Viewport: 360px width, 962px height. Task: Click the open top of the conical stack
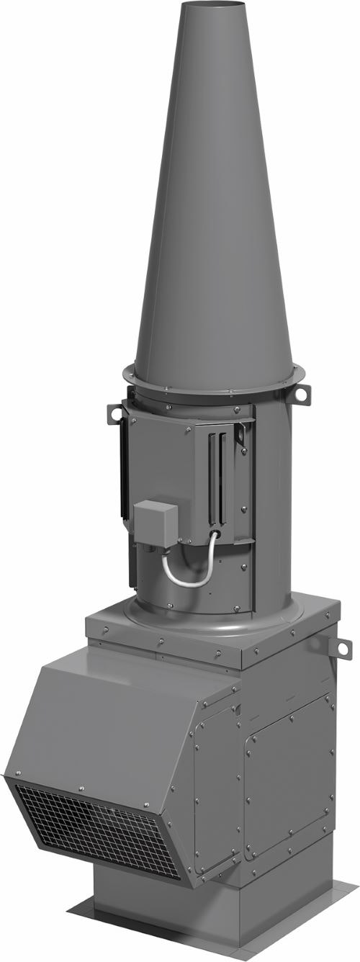pyautogui.click(x=212, y=6)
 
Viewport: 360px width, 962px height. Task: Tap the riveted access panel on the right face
pyautogui.click(x=288, y=778)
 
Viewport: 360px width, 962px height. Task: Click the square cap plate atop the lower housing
pyautogui.click(x=209, y=634)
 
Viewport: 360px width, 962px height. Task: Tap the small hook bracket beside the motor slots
pyautogui.click(x=240, y=436)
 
